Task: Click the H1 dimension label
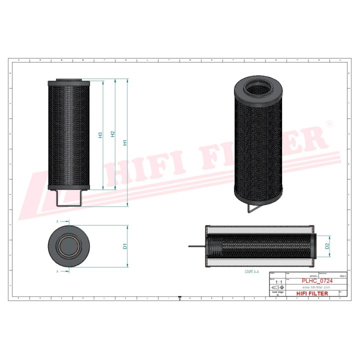[125, 141]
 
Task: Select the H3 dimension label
[100, 135]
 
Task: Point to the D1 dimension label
[125, 246]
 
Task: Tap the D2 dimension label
[327, 246]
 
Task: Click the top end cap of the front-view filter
[69, 82]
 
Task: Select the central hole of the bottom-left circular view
[68, 247]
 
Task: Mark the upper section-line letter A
[58, 221]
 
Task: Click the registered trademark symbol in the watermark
[328, 123]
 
